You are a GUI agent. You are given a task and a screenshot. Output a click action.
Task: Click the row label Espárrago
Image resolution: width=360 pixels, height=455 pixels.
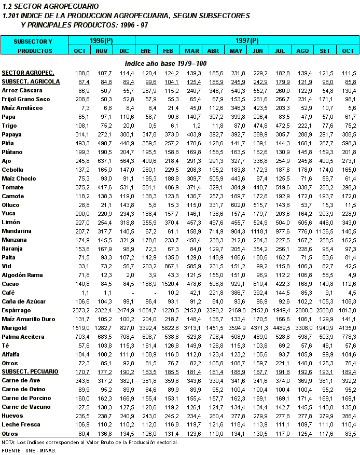[17, 310]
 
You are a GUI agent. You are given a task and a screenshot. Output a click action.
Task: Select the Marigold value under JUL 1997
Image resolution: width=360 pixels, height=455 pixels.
[280, 328]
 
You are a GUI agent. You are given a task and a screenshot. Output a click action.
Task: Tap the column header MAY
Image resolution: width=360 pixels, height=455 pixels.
[236, 50]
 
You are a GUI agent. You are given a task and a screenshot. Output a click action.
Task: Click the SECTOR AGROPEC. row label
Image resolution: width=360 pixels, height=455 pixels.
[28, 72]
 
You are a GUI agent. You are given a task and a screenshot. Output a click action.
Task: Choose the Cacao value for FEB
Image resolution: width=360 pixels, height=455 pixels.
[169, 284]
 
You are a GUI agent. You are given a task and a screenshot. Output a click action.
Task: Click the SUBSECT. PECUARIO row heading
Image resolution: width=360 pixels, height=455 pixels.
[30, 372]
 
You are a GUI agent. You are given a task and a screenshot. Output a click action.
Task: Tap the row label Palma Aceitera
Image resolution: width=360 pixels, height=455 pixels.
[22, 337]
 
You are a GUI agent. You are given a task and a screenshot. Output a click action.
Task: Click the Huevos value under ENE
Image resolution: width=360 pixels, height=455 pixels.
[146, 416]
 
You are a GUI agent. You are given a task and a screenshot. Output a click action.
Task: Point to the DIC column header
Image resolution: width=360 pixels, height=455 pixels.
[124, 50]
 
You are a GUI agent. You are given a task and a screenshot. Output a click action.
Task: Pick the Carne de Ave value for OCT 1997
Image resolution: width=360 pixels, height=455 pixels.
[347, 381]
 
